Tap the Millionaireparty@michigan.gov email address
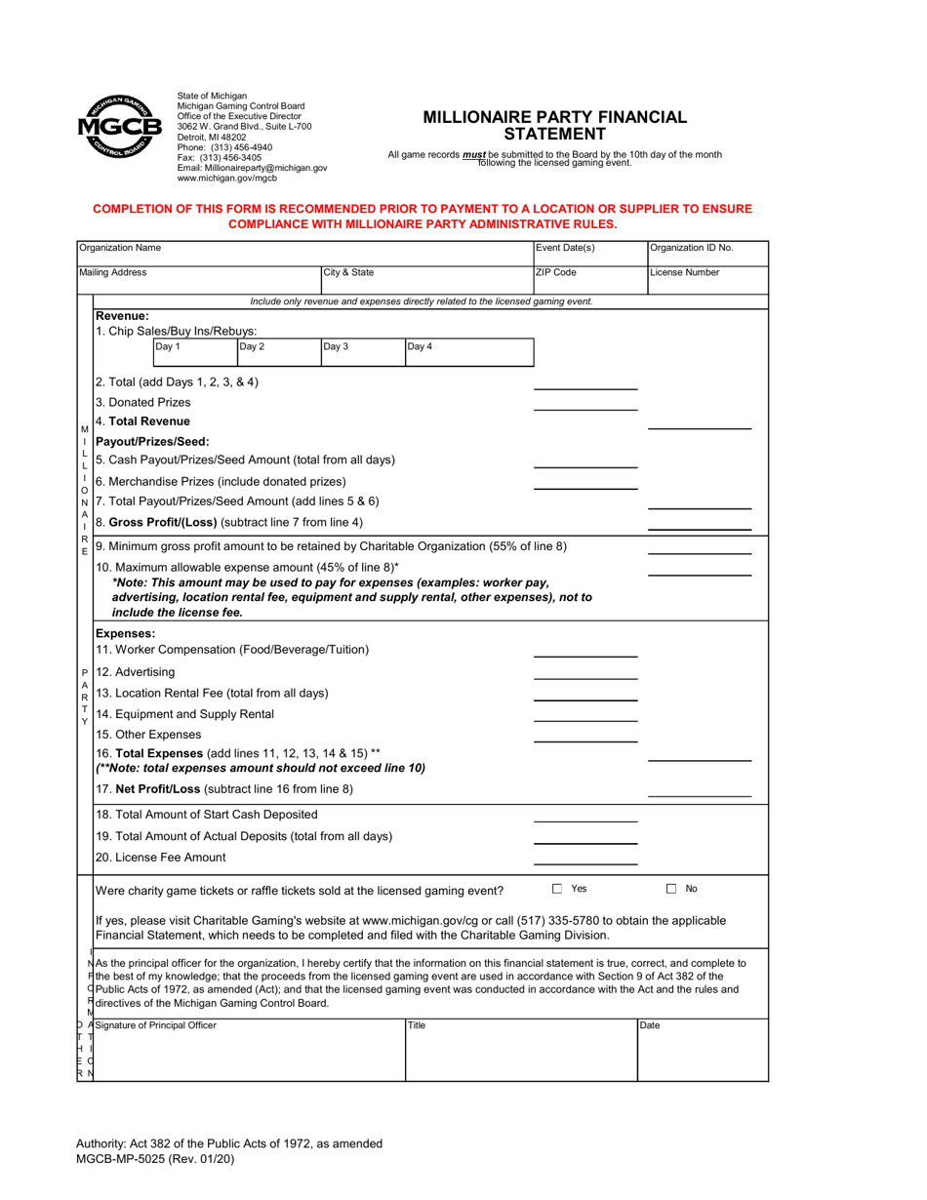pyautogui.click(x=252, y=168)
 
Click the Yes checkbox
pyautogui.click(x=557, y=889)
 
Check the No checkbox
pyautogui.click(x=671, y=889)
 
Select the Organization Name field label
pyautogui.click(x=120, y=248)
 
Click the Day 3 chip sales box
pyautogui.click(x=362, y=352)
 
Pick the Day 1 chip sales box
pyautogui.click(x=195, y=352)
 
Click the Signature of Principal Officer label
pyautogui.click(x=156, y=1025)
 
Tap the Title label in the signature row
pyautogui.click(x=418, y=1025)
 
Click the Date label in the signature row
pyautogui.click(x=650, y=1025)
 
